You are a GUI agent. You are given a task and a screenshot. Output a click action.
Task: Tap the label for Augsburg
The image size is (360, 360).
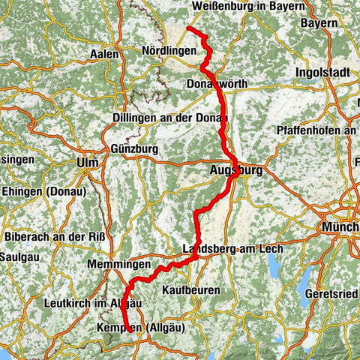[237, 172]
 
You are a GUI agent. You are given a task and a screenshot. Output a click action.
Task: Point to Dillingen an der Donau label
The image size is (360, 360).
[171, 118]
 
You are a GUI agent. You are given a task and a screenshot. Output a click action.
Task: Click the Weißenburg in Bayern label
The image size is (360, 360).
[248, 6]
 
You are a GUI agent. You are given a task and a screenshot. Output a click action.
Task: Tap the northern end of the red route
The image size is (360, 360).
[187, 28]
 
